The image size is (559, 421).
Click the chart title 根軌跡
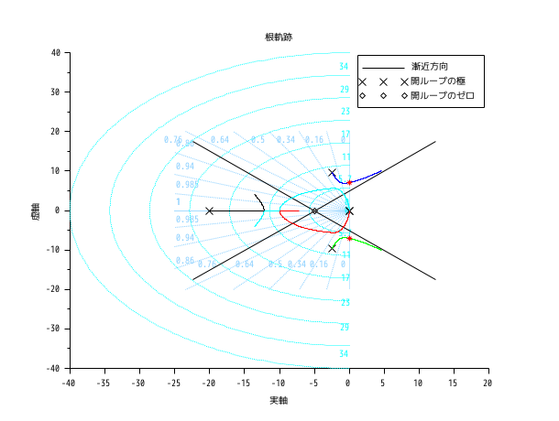[279, 37]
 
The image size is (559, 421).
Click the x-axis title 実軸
[279, 401]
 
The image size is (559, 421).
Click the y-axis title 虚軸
[35, 210]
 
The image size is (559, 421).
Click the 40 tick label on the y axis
[55, 53]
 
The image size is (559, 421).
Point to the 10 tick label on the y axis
[55, 171]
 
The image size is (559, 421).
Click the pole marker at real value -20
[209, 210]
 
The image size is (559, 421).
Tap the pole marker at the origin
[349, 210]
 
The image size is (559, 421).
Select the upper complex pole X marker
[332, 173]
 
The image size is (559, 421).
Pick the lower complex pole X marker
[332, 248]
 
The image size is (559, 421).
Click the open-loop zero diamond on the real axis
[314, 210]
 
